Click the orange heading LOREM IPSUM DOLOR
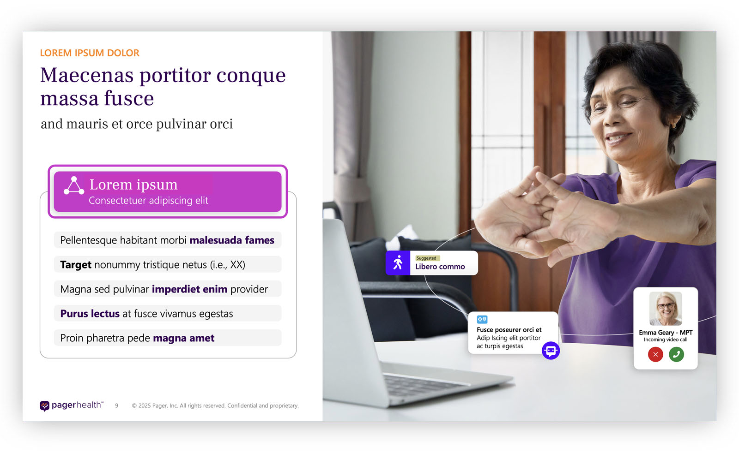pos(90,53)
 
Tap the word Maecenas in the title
pos(87,76)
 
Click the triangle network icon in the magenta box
pos(74,185)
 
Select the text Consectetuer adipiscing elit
pos(148,201)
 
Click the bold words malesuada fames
pos(232,240)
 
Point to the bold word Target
pos(76,265)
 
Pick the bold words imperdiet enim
pos(189,289)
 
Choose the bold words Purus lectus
pos(90,314)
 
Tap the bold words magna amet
pos(184,338)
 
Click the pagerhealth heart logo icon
pos(45,405)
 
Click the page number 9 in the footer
pos(117,406)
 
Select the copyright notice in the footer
pos(215,406)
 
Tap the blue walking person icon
pos(398,263)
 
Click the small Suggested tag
pos(426,258)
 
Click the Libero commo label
pos(440,267)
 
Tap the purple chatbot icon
pos(551,351)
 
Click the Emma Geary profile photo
pos(666,309)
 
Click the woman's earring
pos(673,125)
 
